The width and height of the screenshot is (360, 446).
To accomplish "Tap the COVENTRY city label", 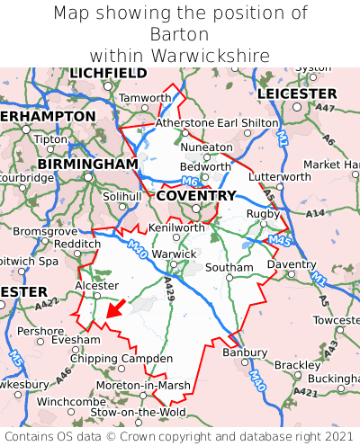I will pyautogui.click(x=196, y=196).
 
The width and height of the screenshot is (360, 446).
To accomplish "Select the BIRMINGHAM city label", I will pyautogui.click(x=87, y=165).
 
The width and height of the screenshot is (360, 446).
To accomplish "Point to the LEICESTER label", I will pyautogui.click(x=297, y=94).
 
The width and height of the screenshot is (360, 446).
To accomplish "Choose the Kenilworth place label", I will pyautogui.click(x=176, y=227).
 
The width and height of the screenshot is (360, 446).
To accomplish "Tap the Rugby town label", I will pyautogui.click(x=263, y=213).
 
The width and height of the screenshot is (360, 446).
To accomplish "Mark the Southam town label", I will pyautogui.click(x=229, y=267).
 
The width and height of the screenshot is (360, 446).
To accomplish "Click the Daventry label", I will pyautogui.click(x=292, y=264).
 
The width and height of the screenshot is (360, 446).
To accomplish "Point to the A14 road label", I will pyautogui.click(x=315, y=214).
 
